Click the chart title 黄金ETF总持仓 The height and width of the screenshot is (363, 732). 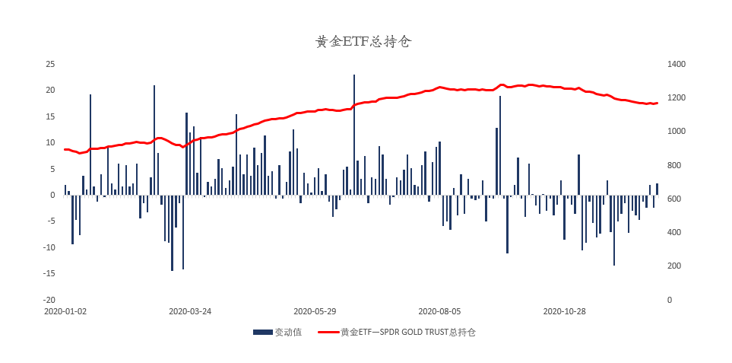363,43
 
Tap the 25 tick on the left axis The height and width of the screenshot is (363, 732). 50,64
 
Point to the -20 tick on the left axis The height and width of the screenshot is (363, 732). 49,300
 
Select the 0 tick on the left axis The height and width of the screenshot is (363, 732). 52,195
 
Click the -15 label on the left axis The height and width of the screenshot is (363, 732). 49,273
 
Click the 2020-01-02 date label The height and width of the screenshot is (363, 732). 65,311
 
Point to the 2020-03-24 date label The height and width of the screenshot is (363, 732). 190,311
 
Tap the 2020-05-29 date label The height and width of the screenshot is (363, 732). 315,311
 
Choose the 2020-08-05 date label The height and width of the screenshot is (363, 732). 439,311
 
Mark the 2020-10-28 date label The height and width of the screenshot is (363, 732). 564,311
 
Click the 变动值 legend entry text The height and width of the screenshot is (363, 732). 288,333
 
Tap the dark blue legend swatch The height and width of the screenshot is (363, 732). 262,333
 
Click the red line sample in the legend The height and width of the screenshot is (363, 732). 328,333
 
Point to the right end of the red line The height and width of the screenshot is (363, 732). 658,103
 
